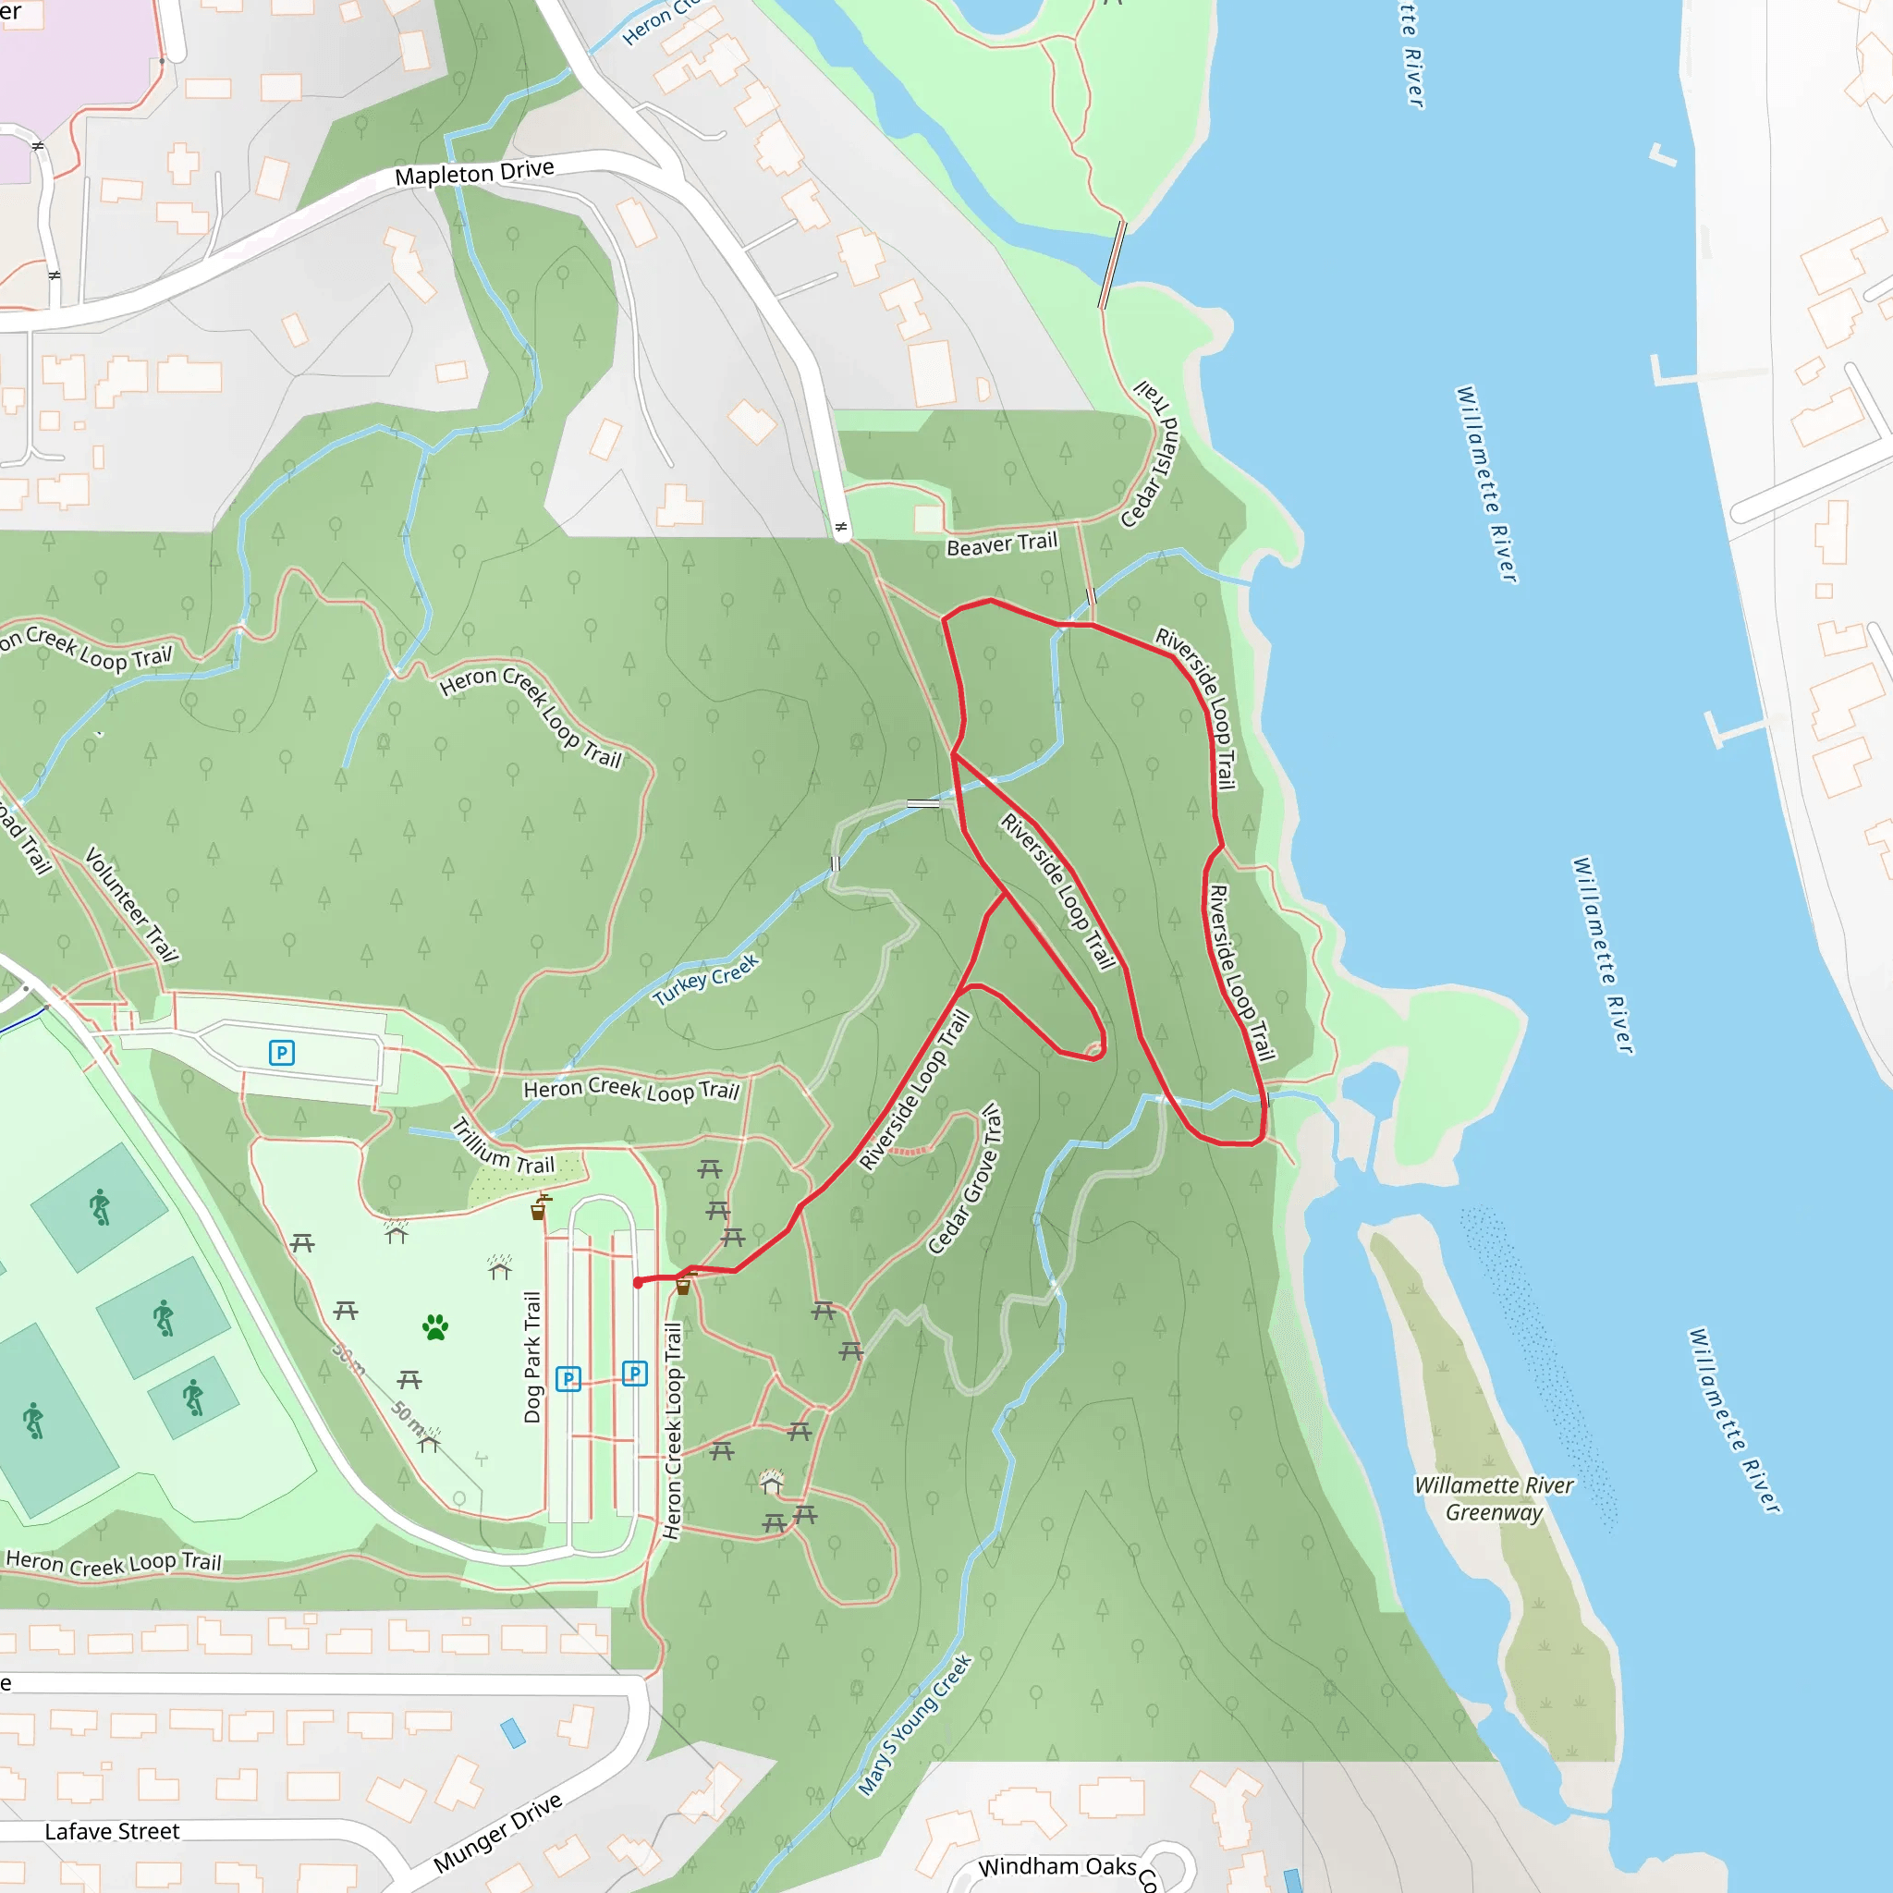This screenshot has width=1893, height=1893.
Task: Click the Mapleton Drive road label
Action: click(x=474, y=174)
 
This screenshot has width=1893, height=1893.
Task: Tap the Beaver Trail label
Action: click(x=1001, y=544)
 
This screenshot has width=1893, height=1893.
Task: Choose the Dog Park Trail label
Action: click(x=532, y=1357)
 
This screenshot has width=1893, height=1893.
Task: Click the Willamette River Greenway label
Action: click(x=1495, y=1498)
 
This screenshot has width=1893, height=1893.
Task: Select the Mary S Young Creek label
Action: click(x=915, y=1725)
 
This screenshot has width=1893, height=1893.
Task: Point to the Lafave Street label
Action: click(x=112, y=1831)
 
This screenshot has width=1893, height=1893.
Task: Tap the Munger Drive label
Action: click(x=498, y=1831)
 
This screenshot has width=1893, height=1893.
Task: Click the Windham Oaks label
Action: click(x=1057, y=1866)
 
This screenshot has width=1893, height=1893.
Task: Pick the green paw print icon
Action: click(x=435, y=1327)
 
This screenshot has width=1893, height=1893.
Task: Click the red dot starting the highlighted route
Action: click(x=639, y=1283)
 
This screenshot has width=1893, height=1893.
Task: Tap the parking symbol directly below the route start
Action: click(x=635, y=1373)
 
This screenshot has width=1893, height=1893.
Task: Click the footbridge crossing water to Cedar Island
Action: click(x=1112, y=264)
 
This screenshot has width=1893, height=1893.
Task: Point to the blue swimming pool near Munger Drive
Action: click(x=512, y=1733)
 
